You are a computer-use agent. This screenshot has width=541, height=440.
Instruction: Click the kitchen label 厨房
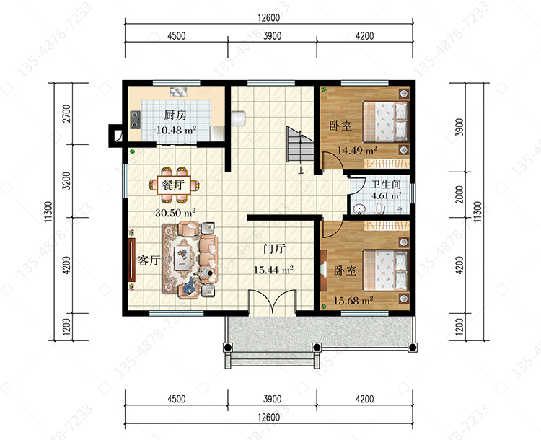click(x=175, y=115)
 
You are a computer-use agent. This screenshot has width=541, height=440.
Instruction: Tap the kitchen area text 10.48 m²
click(x=176, y=130)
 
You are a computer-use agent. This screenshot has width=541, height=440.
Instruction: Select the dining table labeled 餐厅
click(x=174, y=185)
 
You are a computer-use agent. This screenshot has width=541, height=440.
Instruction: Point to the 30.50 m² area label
click(x=175, y=212)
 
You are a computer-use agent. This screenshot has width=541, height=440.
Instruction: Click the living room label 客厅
click(x=149, y=260)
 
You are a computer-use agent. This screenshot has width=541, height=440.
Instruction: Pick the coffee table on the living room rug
click(x=183, y=258)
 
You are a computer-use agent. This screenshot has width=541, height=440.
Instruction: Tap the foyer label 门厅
click(x=274, y=248)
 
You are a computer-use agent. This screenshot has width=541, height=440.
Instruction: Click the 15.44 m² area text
click(x=273, y=270)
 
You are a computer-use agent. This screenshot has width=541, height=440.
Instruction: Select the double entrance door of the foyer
click(x=273, y=302)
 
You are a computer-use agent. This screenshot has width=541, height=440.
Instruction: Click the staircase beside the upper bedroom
click(x=299, y=144)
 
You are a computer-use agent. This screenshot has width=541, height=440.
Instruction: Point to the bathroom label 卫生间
click(x=386, y=184)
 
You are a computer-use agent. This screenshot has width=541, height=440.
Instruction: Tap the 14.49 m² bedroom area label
click(x=357, y=151)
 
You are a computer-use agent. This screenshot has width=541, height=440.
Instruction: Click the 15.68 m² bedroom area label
click(x=353, y=301)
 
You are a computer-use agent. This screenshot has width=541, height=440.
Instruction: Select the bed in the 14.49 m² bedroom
click(x=385, y=121)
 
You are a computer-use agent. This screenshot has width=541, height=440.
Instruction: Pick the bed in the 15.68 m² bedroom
click(x=385, y=270)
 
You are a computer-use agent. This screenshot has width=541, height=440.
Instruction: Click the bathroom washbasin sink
click(x=360, y=208)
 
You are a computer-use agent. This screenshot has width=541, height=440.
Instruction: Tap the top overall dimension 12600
click(x=269, y=17)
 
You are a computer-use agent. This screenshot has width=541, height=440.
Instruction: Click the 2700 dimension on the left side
click(x=66, y=113)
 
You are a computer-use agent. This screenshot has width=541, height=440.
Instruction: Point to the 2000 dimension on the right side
click(x=459, y=195)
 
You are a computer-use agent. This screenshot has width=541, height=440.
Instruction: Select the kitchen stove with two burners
click(x=136, y=120)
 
